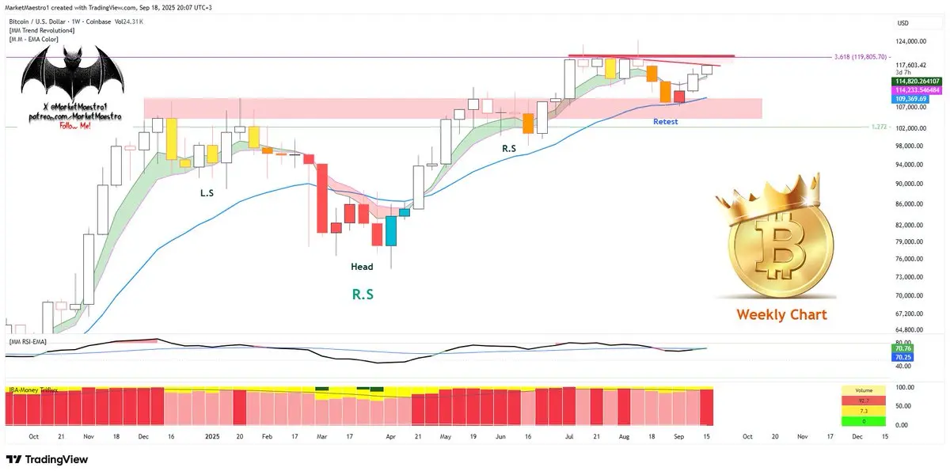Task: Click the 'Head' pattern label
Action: click(x=362, y=267)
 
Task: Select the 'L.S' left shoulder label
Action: click(x=207, y=192)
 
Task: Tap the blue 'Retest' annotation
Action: click(x=665, y=122)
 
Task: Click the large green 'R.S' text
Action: click(x=363, y=294)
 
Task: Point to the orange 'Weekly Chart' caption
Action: click(x=781, y=314)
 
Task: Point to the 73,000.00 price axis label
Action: click(x=910, y=278)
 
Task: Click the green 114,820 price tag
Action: click(x=918, y=82)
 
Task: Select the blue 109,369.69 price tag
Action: click(x=914, y=100)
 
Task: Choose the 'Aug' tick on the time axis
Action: click(x=624, y=436)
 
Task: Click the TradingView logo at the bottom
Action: click(x=47, y=460)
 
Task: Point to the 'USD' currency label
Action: click(x=902, y=23)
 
